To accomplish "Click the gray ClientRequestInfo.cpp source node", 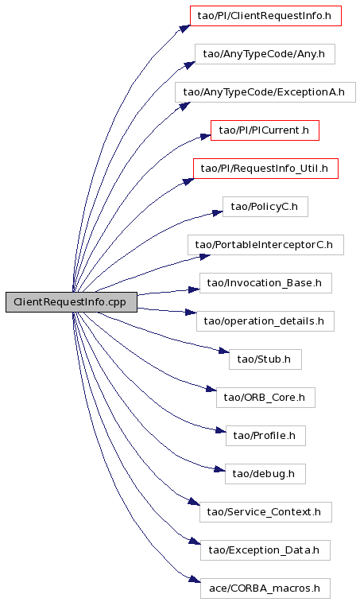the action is [72, 301].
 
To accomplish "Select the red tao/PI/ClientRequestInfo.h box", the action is [265, 16].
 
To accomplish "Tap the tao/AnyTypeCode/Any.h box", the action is [265, 54].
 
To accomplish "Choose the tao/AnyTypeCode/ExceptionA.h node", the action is [265, 92].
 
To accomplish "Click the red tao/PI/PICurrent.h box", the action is [265, 130].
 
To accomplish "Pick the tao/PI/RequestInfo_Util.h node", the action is [265, 168].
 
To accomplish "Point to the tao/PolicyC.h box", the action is [265, 207].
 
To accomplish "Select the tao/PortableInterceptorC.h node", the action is [265, 245].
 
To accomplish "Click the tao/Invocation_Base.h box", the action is [265, 283].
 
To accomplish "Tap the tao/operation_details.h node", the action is [265, 321].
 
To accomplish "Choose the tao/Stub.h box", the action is [265, 359].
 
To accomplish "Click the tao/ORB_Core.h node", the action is [265, 398].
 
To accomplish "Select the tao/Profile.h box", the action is [265, 435].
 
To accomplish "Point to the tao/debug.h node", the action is [265, 474].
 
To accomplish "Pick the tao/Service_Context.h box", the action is [265, 512].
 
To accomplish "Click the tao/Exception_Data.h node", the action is [265, 550].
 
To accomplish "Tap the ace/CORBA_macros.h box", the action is [265, 588].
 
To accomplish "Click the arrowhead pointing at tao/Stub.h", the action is [224, 351].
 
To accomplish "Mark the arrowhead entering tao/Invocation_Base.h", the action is [194, 289].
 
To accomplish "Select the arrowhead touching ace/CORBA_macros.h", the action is [195, 580].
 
